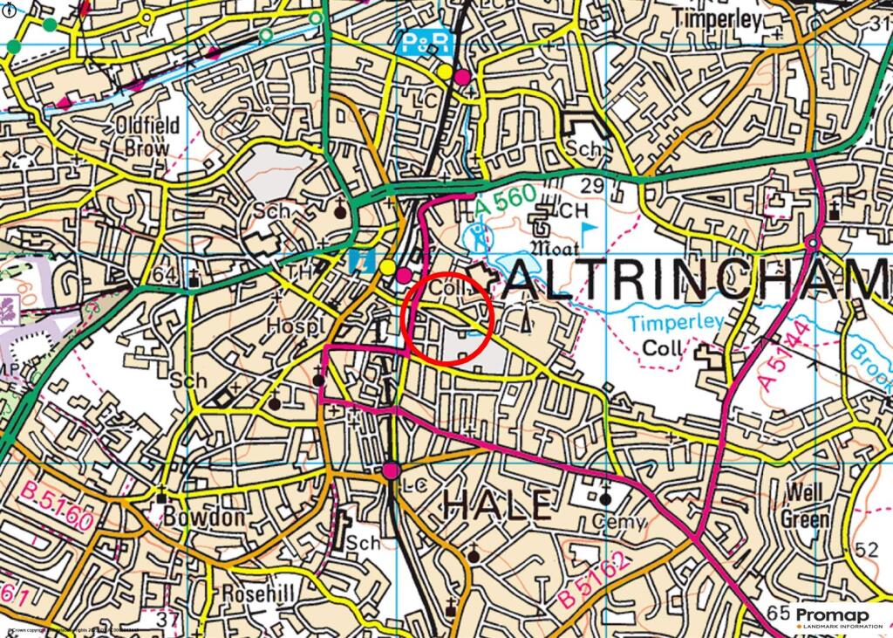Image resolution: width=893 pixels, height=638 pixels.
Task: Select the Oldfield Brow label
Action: click(x=147, y=137)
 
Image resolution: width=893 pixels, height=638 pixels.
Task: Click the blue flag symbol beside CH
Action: click(x=590, y=230)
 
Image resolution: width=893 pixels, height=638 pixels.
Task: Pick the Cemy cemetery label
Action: click(x=620, y=523)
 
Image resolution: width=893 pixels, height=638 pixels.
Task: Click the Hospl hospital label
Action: click(x=293, y=325)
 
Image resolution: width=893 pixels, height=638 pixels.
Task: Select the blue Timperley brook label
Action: click(x=676, y=322)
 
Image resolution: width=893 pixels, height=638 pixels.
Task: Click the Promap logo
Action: click(x=832, y=614)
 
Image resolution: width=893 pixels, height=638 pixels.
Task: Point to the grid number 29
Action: click(x=591, y=184)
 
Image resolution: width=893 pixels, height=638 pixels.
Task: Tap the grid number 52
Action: click(x=867, y=550)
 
